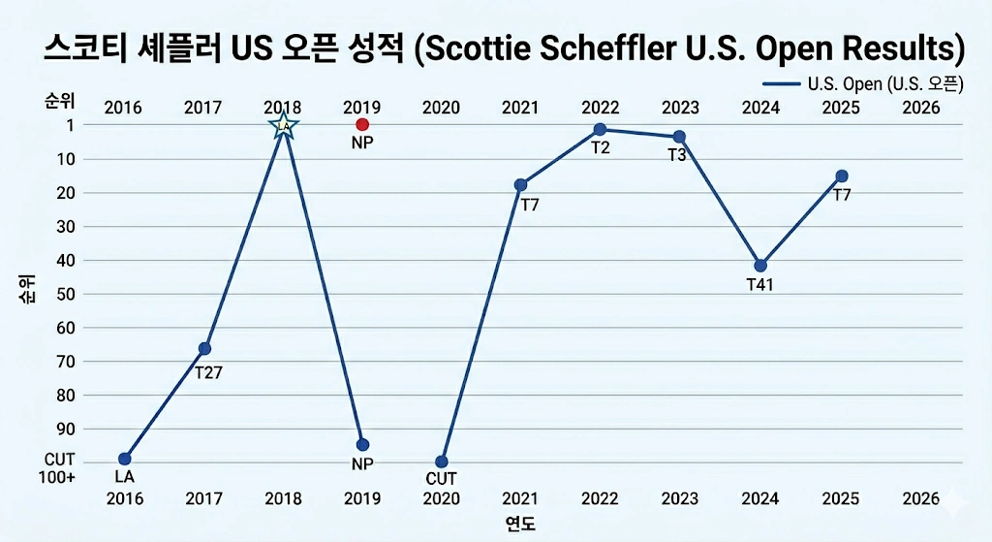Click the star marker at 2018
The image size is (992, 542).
[x=283, y=125]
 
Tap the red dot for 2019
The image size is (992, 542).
[x=362, y=124]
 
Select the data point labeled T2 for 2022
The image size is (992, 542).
[x=600, y=129]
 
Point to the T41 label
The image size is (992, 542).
[x=759, y=285]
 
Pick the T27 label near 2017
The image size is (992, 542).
[x=208, y=370]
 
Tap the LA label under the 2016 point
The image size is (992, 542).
[x=124, y=476]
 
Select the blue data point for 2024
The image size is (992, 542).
[x=760, y=266]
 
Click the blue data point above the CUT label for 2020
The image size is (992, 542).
[x=442, y=462]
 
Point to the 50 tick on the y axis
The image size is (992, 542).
[x=66, y=294]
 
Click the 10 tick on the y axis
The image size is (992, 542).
[x=66, y=159]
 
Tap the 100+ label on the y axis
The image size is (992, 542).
[x=57, y=476]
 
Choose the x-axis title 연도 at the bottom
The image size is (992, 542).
[x=520, y=524]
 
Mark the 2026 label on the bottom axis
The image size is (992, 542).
[x=920, y=498]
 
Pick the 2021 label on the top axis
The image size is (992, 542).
[x=520, y=108]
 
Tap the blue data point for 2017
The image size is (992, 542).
[x=204, y=348]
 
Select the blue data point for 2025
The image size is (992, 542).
[x=842, y=175]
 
